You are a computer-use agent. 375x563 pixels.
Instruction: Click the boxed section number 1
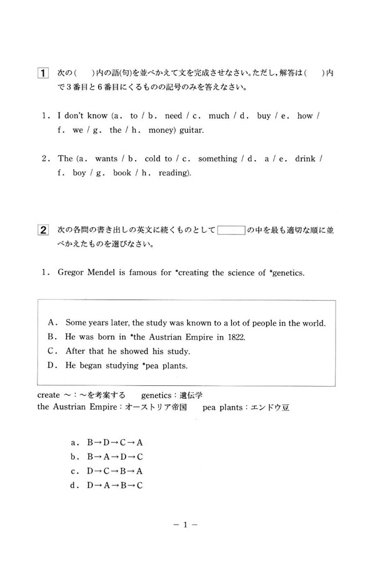(x=42, y=74)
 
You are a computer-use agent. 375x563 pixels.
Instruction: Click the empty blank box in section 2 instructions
(x=231, y=230)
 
